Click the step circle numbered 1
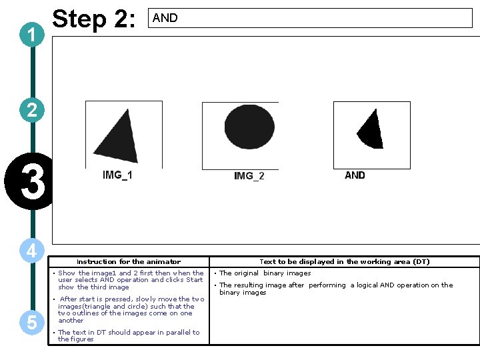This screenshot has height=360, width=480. tap(32, 35)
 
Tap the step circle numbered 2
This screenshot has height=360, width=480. tap(32, 109)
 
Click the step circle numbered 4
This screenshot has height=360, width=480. tap(32, 251)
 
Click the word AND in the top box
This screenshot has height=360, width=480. tap(165, 18)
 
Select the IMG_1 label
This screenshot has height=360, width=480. tap(117, 175)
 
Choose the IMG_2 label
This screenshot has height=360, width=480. tap(249, 176)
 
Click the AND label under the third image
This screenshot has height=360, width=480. tap(355, 175)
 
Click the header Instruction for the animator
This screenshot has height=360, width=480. tap(129, 262)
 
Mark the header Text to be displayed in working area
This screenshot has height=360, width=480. tap(344, 262)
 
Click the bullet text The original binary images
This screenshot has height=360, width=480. tap(265, 273)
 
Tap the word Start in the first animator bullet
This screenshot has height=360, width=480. tap(194, 280)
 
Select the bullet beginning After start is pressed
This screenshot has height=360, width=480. tap(131, 309)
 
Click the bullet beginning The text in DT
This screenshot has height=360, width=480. tap(128, 335)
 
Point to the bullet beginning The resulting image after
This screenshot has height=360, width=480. tap(335, 288)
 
